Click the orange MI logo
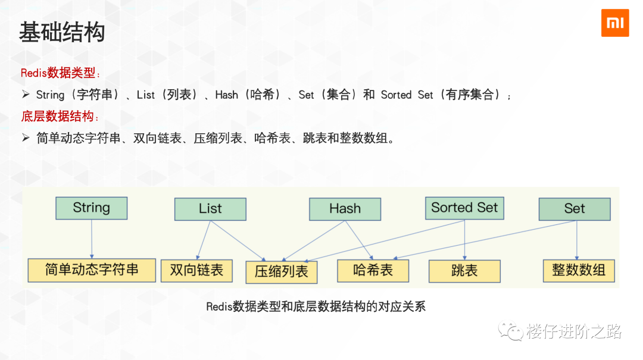614,23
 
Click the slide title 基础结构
62,32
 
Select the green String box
92,208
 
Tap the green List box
210,209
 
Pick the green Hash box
345,209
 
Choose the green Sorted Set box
464,208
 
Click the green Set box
575,209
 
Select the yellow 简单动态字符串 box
92,270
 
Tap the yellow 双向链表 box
196,270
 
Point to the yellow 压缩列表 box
282,272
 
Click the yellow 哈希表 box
373,270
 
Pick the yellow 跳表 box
464,271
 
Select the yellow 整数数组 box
579,270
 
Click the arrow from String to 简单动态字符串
92,238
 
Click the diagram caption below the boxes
316,307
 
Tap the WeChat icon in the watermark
511,331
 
